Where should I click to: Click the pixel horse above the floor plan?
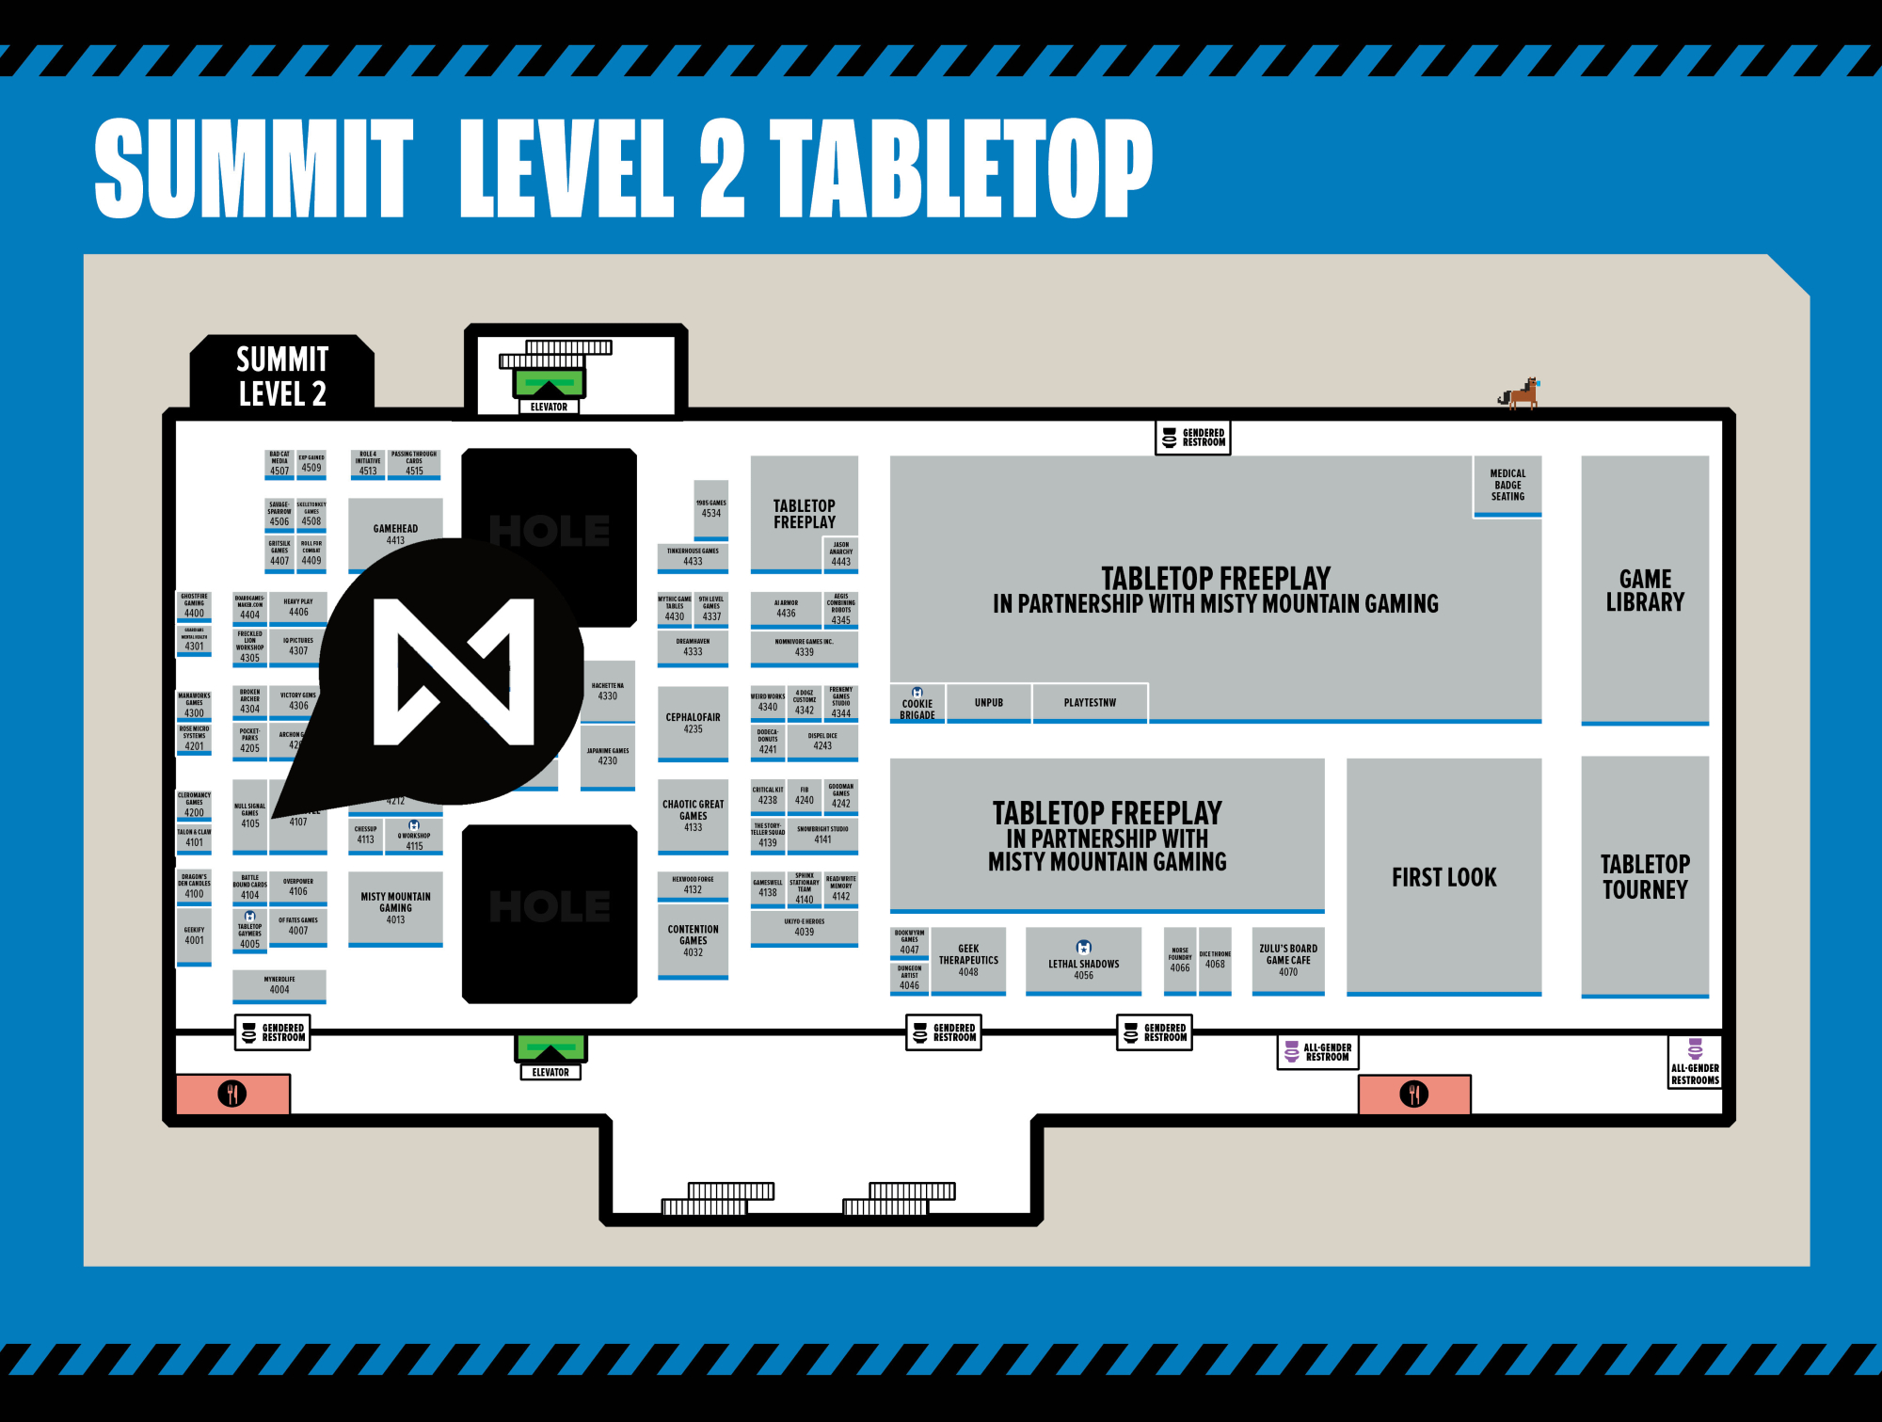1520,392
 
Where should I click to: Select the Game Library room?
1645,590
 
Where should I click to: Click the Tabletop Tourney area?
1645,875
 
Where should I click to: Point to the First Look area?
1443,876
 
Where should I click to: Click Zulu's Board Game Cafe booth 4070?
1288,960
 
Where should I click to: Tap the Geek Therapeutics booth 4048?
968,960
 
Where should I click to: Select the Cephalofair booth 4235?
693,722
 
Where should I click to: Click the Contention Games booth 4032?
693,939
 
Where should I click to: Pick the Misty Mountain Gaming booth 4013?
395,907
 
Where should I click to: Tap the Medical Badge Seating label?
1507,485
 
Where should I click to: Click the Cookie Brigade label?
917,706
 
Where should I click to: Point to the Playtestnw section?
1090,702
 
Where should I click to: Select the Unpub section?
988,702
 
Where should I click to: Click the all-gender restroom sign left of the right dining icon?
1317,1052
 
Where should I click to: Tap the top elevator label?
549,407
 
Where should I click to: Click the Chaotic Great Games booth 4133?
693,815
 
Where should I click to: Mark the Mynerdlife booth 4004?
279,985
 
